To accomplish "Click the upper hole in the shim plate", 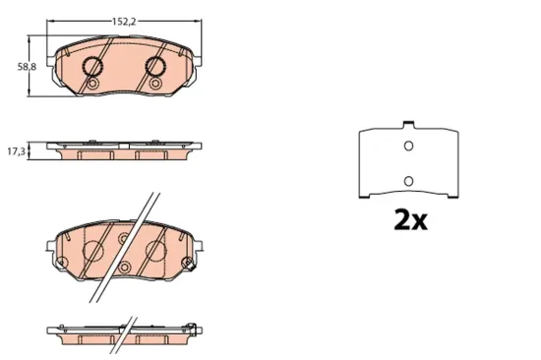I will [x=408, y=148].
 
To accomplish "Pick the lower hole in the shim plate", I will [x=408, y=181].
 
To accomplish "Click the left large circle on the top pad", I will [x=92, y=67].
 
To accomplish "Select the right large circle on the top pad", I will [x=155, y=67].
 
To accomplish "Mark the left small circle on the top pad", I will [x=92, y=86].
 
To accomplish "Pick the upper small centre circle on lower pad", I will [x=124, y=238].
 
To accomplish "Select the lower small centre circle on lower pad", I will [x=124, y=268].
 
